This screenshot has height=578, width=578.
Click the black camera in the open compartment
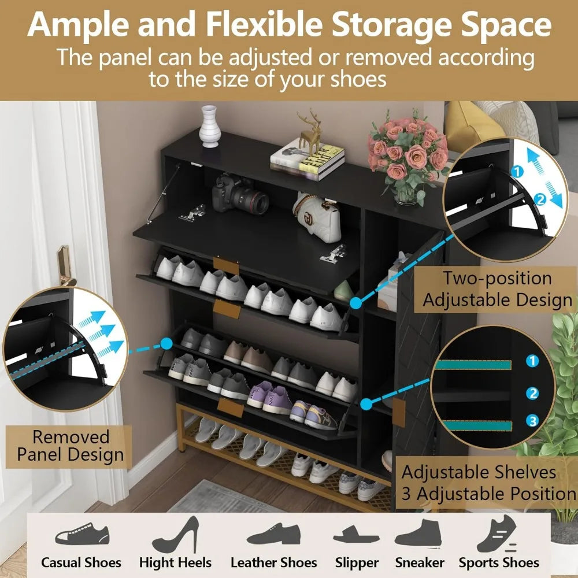[239, 195]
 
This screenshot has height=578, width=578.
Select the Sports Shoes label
[499, 562]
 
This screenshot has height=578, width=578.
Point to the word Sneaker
[420, 562]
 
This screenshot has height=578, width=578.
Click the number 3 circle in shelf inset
[532, 420]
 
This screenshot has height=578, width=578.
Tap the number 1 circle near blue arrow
[518, 172]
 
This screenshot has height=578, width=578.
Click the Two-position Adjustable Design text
[497, 289]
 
